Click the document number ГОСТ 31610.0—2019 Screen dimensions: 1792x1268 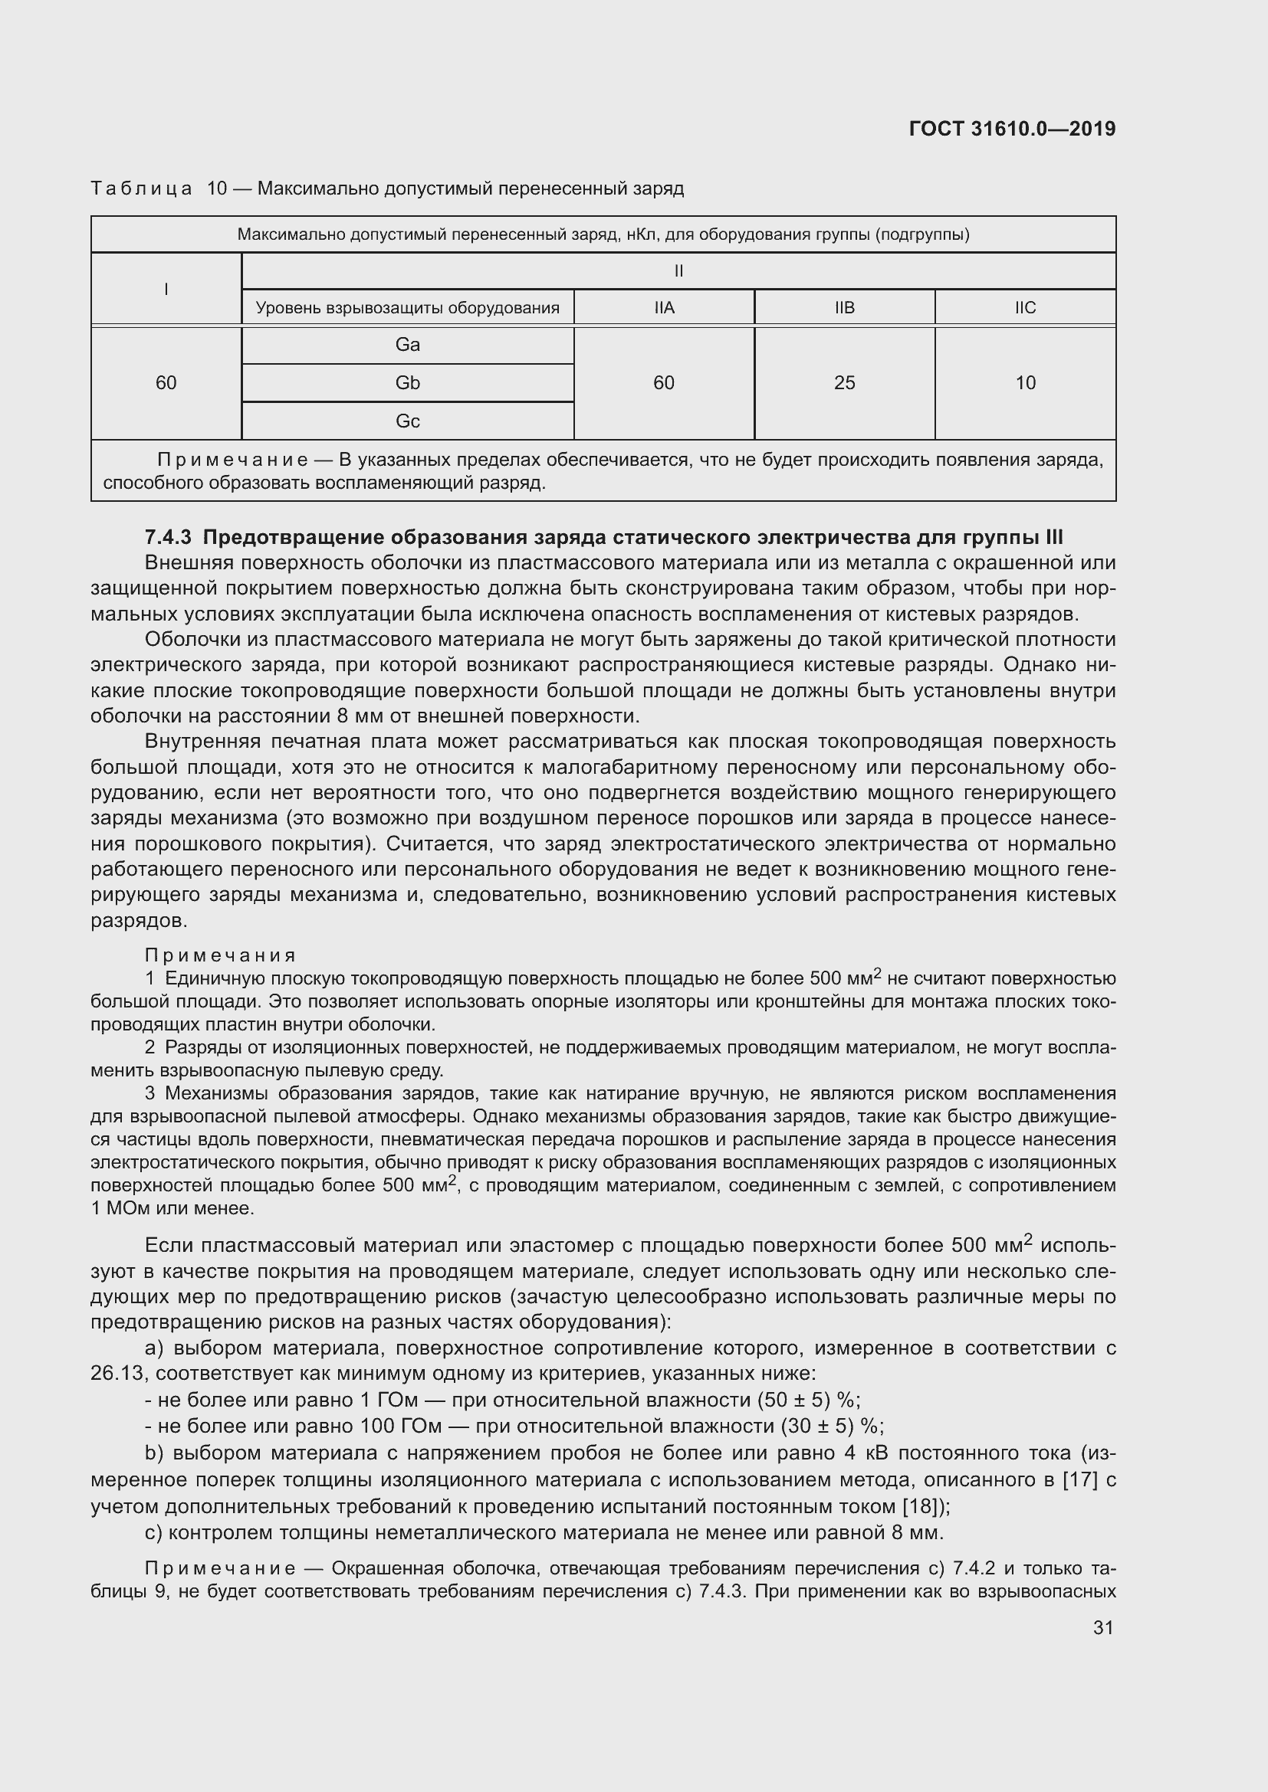[1012, 129]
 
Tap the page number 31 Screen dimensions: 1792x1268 [1102, 1627]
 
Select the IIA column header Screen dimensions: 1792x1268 [664, 307]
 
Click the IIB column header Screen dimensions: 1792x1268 [844, 307]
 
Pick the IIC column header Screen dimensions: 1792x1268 [1024, 307]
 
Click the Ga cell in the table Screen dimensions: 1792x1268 [408, 345]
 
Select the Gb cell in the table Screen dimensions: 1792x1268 [408, 382]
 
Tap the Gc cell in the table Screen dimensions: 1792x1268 [408, 421]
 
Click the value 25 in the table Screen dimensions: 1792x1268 [844, 382]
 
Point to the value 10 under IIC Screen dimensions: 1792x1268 [1024, 382]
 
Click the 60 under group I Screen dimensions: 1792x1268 [166, 382]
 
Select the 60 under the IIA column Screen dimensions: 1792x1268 [664, 382]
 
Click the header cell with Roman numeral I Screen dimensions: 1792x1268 [166, 290]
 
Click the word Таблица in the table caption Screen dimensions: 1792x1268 [141, 189]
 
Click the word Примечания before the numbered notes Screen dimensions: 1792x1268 [220, 955]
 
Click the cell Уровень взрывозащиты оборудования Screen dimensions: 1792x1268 [408, 307]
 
